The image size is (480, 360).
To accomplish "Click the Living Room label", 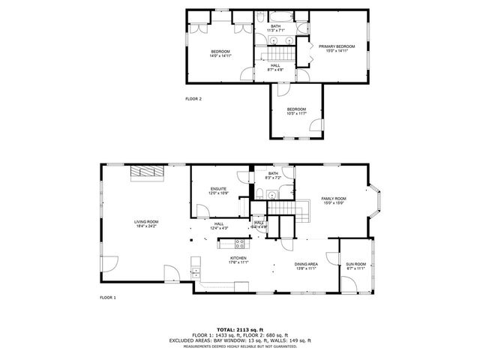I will click(146, 223).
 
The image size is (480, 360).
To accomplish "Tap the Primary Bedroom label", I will click(336, 49).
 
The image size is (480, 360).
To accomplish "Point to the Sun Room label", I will click(355, 265).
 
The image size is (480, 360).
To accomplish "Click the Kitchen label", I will click(238, 259).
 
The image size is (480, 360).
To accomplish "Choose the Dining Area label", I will click(306, 265).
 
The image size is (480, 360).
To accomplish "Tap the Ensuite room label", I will click(219, 190).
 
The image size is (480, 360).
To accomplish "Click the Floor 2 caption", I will click(193, 98).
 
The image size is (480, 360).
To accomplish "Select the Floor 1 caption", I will click(108, 298).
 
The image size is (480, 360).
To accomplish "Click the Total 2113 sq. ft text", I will click(239, 329).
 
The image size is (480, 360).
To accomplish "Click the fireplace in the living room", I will click(147, 172).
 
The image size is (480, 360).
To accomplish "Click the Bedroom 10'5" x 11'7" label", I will click(297, 112).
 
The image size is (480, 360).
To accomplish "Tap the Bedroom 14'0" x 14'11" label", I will click(220, 53).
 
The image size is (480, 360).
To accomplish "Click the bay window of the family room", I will click(378, 202).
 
